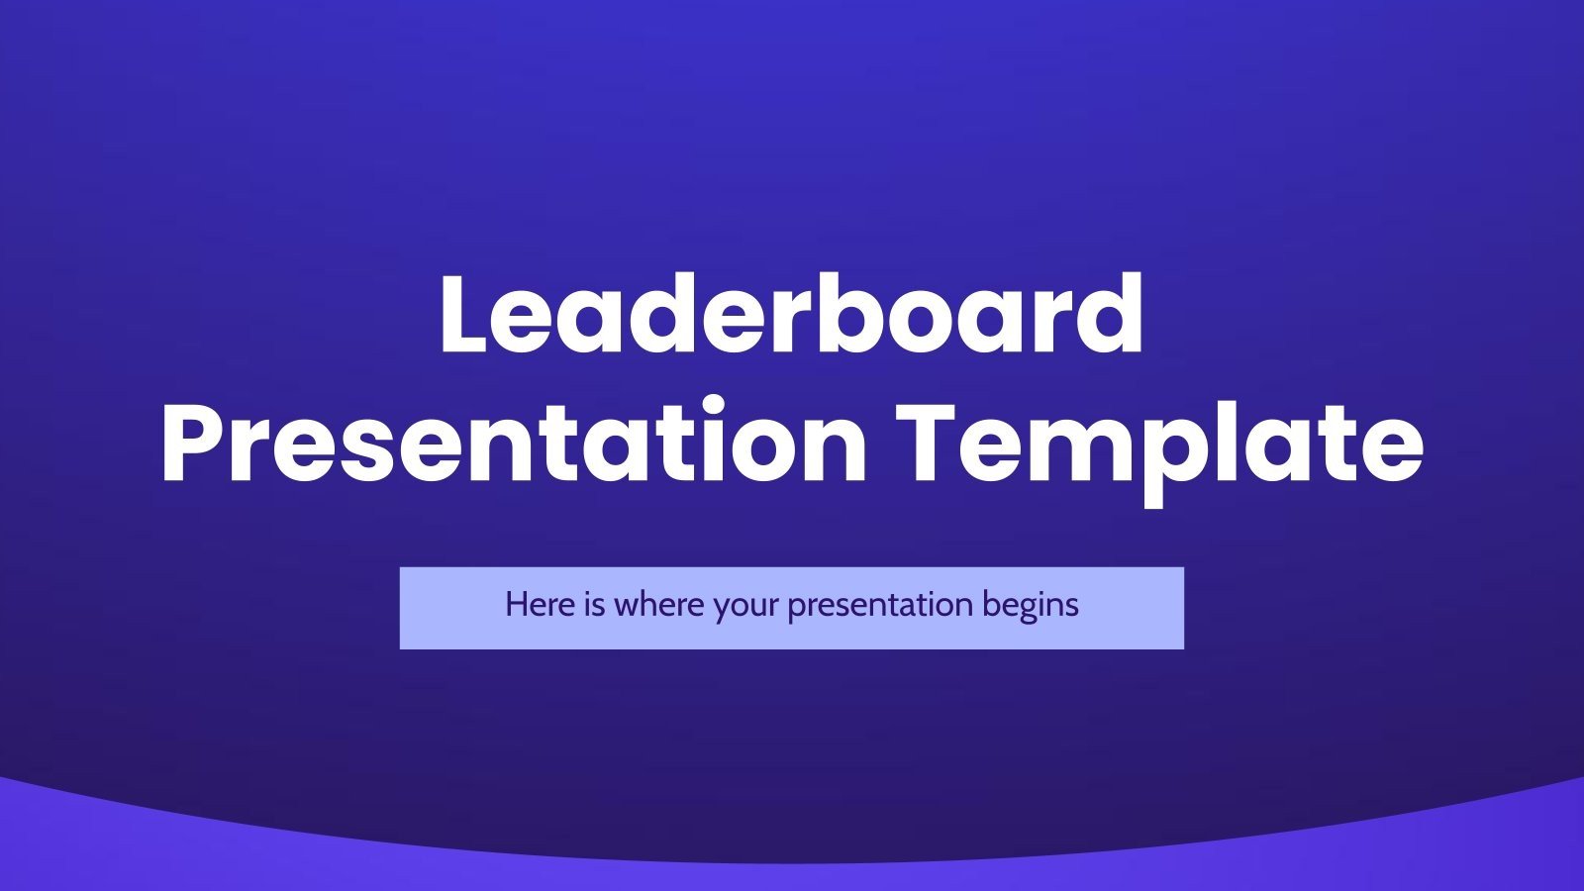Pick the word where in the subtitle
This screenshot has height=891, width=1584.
point(659,604)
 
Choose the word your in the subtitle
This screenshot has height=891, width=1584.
point(748,606)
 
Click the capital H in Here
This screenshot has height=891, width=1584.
point(516,604)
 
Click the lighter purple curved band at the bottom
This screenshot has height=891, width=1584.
point(792,876)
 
